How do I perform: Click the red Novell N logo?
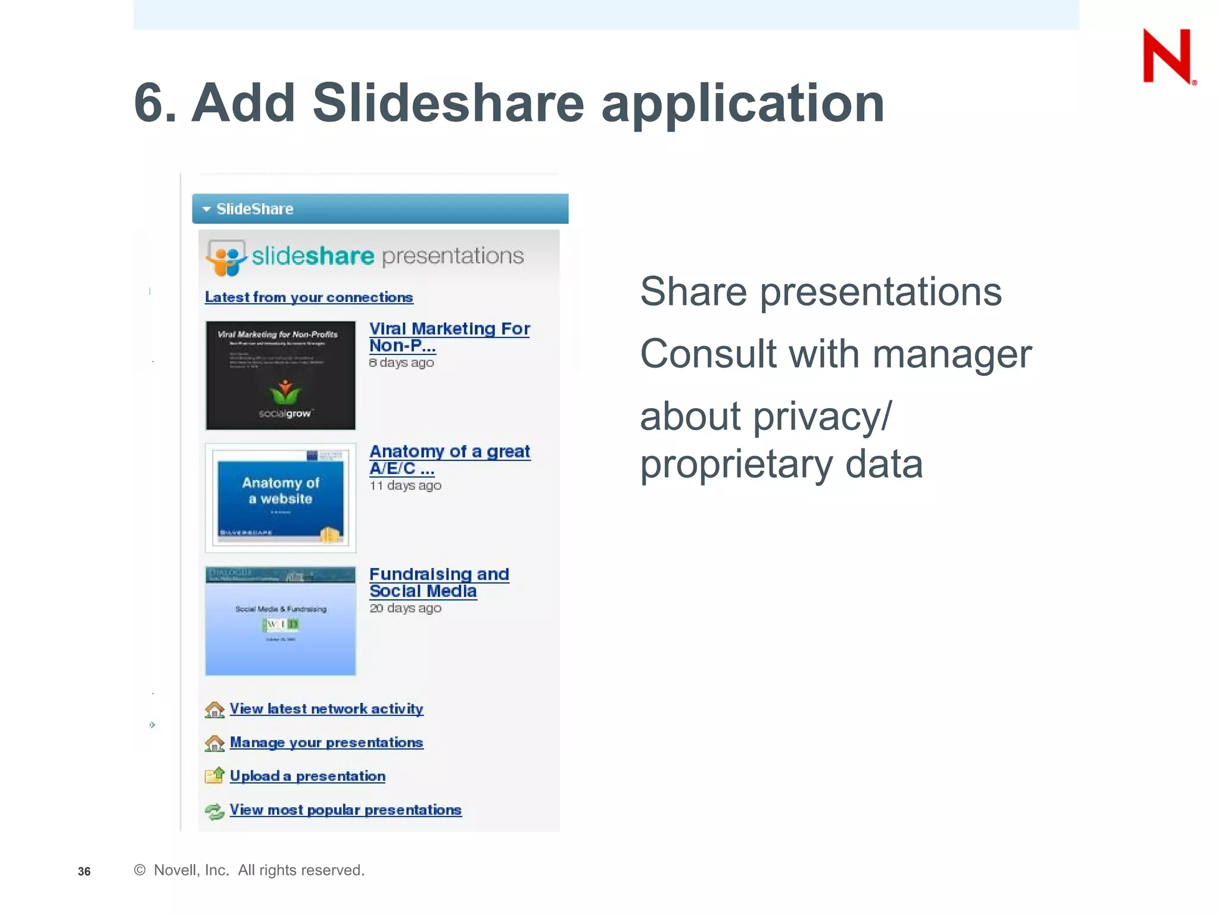[x=1168, y=57]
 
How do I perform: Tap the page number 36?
[x=84, y=872]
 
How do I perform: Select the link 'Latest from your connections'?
[x=309, y=297]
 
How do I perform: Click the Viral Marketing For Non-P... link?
[x=449, y=337]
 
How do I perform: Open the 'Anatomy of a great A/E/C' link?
[x=449, y=459]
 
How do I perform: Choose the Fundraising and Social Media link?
[x=439, y=582]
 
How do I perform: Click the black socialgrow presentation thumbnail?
[x=281, y=375]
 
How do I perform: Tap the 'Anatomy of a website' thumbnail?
[x=281, y=497]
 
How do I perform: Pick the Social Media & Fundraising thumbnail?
[x=281, y=621]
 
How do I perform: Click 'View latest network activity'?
[x=326, y=709]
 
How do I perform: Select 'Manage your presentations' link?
[x=326, y=743]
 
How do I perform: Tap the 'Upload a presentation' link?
[x=307, y=776]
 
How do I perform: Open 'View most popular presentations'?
[x=346, y=810]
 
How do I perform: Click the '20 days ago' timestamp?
[x=405, y=608]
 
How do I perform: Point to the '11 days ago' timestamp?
[x=405, y=485]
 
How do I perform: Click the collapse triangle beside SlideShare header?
[x=207, y=209]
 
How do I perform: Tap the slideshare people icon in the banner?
[x=226, y=258]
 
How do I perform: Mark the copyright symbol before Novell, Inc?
[x=140, y=870]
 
